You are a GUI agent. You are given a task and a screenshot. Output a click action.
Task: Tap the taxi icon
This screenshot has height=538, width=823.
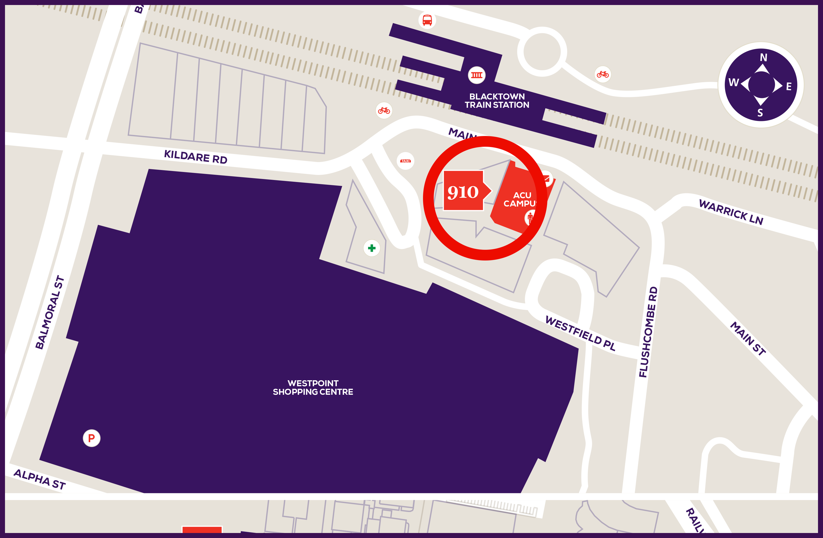coord(405,161)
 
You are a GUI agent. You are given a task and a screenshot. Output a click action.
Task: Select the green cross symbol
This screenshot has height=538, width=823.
coord(372,248)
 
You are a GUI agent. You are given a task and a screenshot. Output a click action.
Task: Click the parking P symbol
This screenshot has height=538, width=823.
coord(91,438)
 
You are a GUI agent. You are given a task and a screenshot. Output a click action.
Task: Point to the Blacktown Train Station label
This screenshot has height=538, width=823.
coord(497,101)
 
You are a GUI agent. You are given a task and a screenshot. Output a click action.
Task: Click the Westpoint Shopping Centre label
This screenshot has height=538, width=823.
coord(313,387)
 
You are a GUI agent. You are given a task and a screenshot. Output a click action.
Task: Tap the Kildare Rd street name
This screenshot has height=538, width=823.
coord(195,157)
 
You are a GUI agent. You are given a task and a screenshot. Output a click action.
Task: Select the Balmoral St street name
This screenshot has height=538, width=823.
coord(50,312)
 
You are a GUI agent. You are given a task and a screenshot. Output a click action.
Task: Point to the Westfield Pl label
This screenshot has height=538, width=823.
coord(580,333)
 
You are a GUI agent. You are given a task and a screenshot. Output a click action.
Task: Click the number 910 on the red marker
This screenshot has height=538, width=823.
coord(463,192)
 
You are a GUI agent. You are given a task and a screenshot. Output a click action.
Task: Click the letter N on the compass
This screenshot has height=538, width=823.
coord(764,57)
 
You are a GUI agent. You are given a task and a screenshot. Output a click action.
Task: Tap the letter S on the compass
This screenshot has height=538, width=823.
coord(760,113)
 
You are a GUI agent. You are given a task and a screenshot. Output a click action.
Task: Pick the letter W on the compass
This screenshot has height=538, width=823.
coord(734,82)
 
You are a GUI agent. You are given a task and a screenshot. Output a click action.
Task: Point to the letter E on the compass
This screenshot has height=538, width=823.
coord(789,86)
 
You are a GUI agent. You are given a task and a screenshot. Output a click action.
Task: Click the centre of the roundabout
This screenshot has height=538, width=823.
coord(542,51)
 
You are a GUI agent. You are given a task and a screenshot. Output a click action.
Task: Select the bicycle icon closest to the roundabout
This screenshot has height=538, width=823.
coord(603,74)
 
